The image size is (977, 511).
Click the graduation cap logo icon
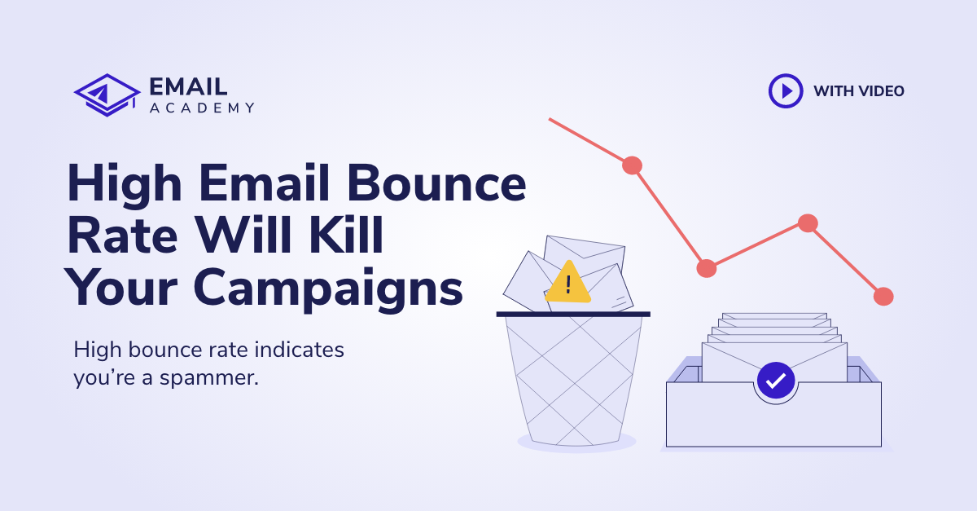tap(107, 95)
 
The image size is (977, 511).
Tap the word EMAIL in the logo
tap(188, 86)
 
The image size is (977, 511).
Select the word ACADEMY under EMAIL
tap(202, 108)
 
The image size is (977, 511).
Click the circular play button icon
tap(786, 90)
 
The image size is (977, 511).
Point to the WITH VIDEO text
tap(859, 91)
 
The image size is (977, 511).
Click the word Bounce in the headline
tap(436, 183)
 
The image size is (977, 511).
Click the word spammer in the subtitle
tap(209, 378)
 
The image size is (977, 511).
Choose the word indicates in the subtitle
tap(300, 350)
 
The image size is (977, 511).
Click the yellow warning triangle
tap(568, 282)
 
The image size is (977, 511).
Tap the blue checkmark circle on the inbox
tap(775, 381)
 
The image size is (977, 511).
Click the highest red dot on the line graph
tap(632, 165)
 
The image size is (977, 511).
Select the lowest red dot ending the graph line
tap(883, 297)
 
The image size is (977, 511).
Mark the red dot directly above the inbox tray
tap(808, 223)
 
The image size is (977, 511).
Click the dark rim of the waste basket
tap(573, 314)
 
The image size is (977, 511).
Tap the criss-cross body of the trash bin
tap(574, 380)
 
